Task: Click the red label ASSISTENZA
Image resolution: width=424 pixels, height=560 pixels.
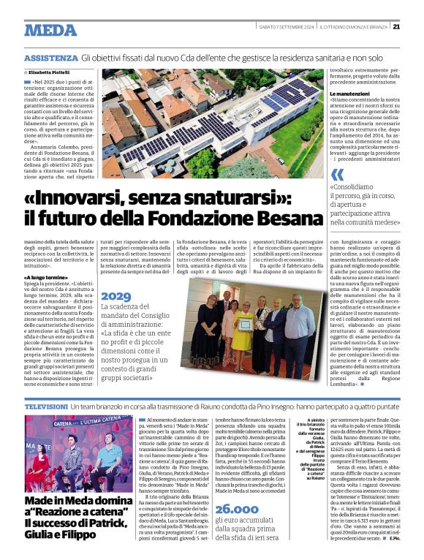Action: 50,58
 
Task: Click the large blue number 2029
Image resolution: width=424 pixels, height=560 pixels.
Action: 116,296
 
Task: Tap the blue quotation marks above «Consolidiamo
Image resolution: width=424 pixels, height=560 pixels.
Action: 337,175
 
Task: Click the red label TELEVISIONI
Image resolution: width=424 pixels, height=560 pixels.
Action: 46,405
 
